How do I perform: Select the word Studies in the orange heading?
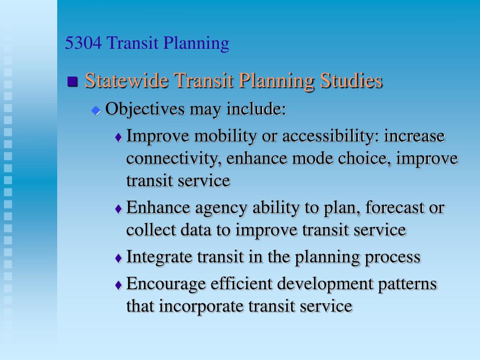[351, 81]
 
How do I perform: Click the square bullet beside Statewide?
[72, 82]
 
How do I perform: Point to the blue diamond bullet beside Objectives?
[96, 111]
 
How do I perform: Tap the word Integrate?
[159, 257]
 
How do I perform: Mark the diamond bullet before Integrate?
[119, 258]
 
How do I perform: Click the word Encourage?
[166, 285]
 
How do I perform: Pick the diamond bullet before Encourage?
[119, 285]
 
